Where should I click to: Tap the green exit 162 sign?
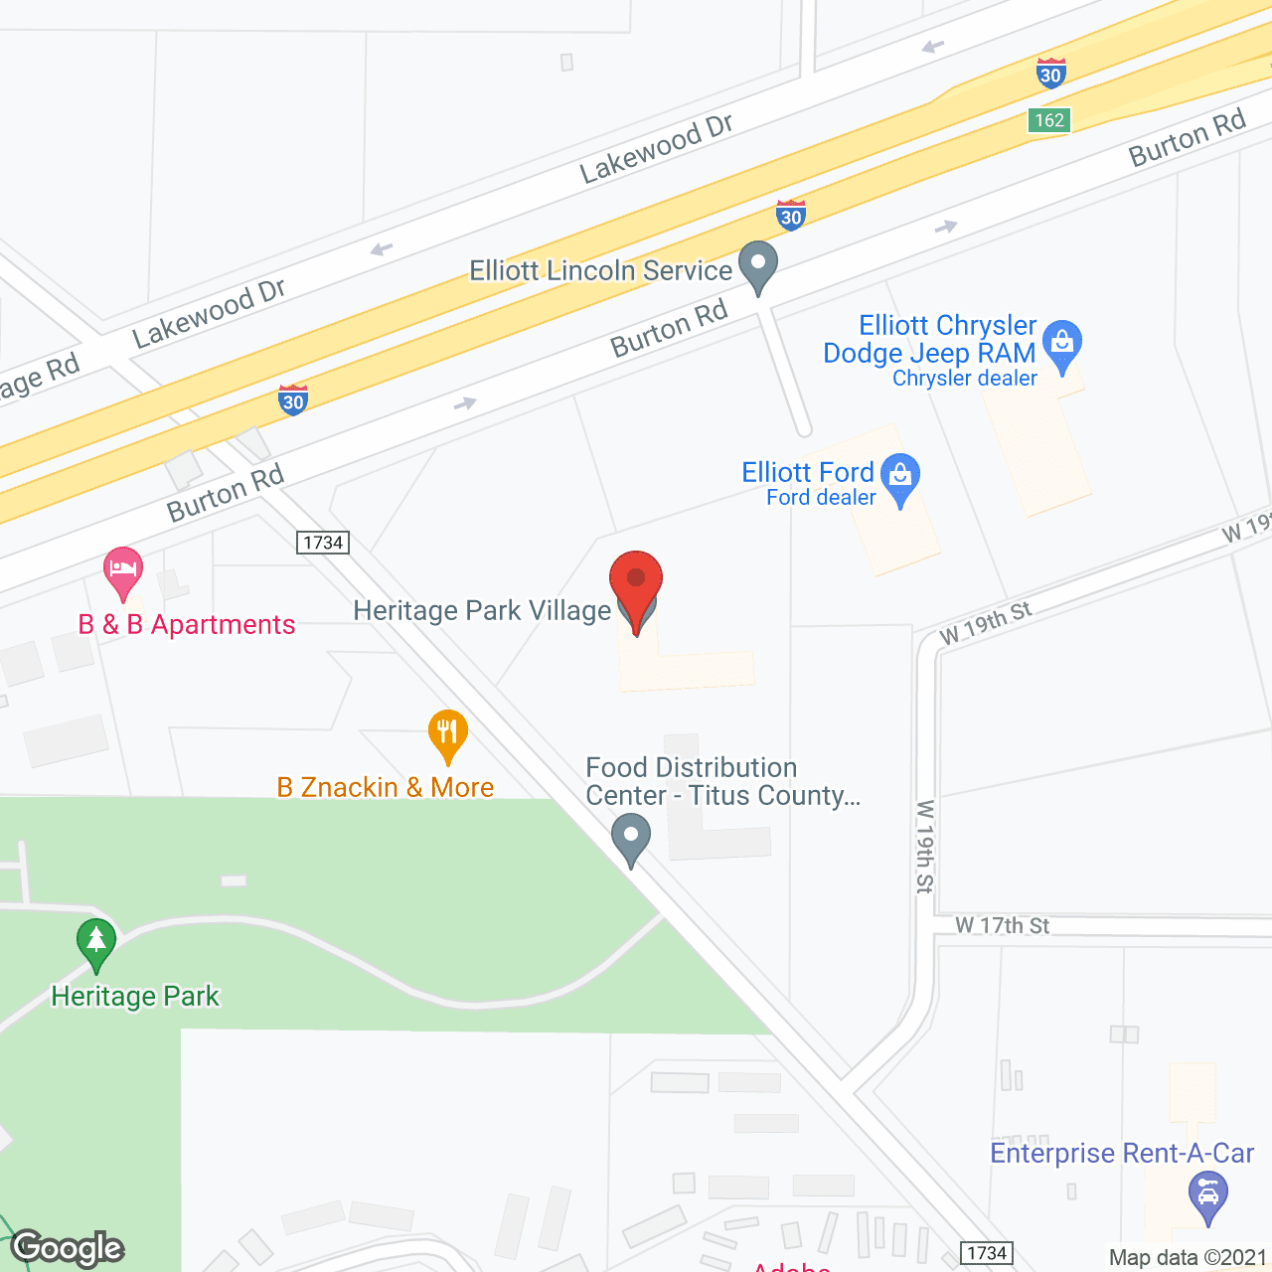[1048, 120]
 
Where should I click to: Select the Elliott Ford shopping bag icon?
[900, 477]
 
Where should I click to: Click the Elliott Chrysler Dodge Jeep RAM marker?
[1062, 344]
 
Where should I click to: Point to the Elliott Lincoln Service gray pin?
[759, 266]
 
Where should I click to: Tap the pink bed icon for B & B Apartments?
[122, 571]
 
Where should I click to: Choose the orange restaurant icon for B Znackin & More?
[448, 734]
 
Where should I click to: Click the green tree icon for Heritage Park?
[96, 942]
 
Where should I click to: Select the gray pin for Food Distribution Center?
[630, 837]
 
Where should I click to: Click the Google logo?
[68, 1248]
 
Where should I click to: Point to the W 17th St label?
[1002, 926]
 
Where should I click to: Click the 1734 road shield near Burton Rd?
[323, 543]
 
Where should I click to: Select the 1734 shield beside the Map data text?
[987, 1253]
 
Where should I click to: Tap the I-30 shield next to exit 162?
[1050, 74]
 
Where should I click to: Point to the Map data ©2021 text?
[1188, 1258]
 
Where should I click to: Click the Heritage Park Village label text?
[482, 610]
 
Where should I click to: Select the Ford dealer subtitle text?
[821, 498]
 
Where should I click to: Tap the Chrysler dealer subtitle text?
[964, 379]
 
